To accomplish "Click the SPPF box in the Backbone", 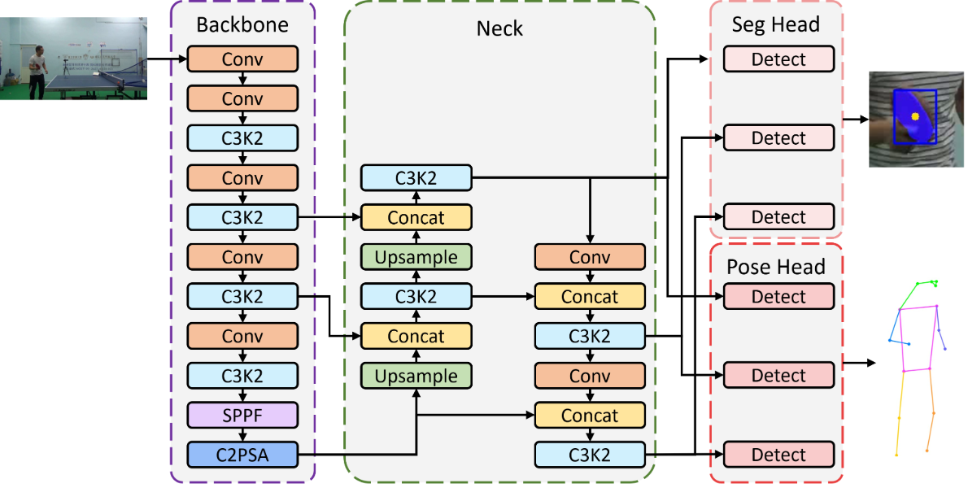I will (x=242, y=416).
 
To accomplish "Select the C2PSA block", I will (x=242, y=455).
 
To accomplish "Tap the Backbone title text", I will (x=242, y=24).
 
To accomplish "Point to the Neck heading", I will (x=499, y=29).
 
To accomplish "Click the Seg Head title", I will (x=775, y=24).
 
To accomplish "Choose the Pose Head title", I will (x=775, y=267).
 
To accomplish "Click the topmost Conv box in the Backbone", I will (x=242, y=59).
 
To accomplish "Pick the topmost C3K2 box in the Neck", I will (x=416, y=178).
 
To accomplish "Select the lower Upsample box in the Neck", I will (x=416, y=375).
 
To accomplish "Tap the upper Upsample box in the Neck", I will (x=416, y=257).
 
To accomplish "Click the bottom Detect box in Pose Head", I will (x=778, y=455).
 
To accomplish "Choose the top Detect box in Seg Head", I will (x=778, y=59).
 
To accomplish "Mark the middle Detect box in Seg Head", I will (x=778, y=138).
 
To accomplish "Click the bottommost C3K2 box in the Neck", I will (x=589, y=455).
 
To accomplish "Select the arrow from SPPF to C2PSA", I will (x=242, y=435).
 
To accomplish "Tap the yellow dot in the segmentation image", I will (x=914, y=116).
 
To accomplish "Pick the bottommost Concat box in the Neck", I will (x=589, y=416).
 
